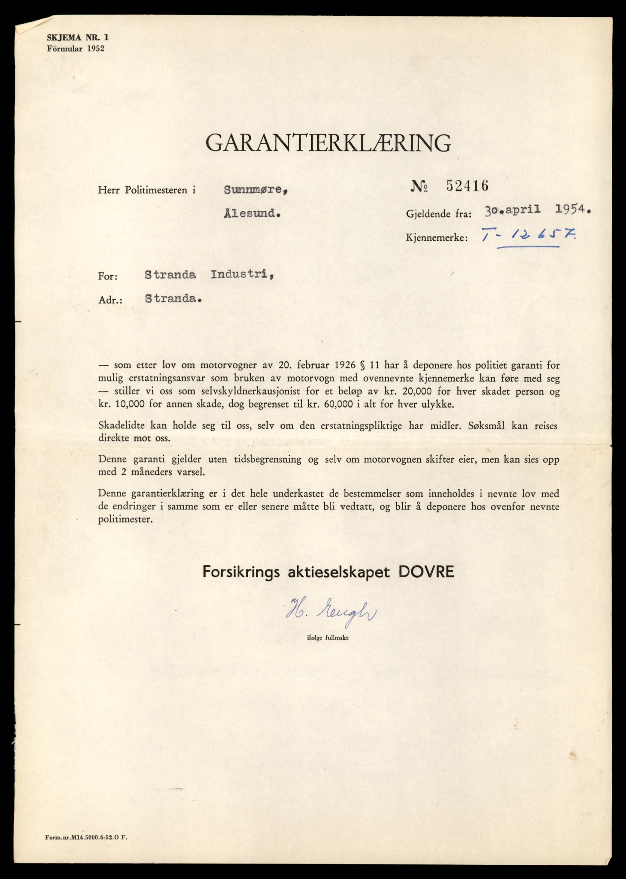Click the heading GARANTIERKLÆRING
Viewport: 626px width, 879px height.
pyautogui.click(x=328, y=143)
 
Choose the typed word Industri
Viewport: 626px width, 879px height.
pyautogui.click(x=242, y=275)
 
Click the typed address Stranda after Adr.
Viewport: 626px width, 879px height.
pyautogui.click(x=173, y=299)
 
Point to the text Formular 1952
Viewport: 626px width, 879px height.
pyautogui.click(x=75, y=48)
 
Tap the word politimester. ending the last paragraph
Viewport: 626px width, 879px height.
pyautogui.click(x=125, y=520)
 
